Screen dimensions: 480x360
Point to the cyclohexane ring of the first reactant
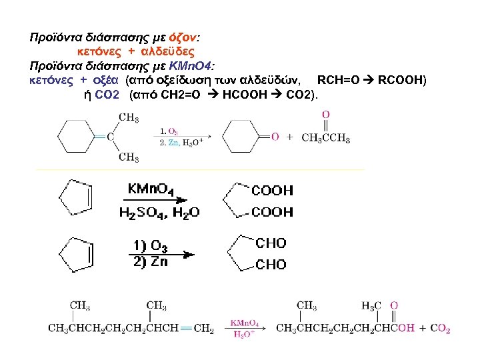(75, 137)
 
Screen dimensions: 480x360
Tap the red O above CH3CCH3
(325, 115)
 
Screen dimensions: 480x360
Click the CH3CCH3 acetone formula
(325, 138)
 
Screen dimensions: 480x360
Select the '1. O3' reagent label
(169, 132)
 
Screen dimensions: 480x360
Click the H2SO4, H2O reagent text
(159, 213)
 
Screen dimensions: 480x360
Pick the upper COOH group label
(271, 191)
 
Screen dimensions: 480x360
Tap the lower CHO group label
(271, 265)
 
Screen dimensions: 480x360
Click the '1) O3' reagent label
(150, 247)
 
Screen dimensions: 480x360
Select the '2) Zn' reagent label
(150, 261)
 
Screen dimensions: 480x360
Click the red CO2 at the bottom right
(440, 329)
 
